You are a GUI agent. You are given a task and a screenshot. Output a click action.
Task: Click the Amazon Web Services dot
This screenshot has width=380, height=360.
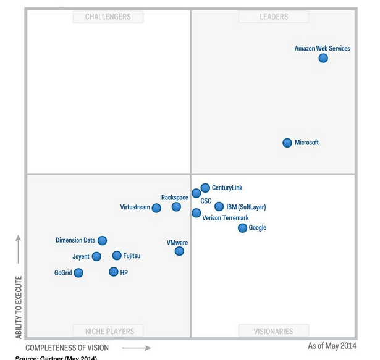tap(323, 58)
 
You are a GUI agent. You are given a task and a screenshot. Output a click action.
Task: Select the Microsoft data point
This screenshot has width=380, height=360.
tap(287, 143)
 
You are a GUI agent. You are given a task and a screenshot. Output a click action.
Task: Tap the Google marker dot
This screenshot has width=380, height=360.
tap(243, 228)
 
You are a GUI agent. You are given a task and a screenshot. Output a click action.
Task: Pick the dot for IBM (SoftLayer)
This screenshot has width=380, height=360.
tap(219, 207)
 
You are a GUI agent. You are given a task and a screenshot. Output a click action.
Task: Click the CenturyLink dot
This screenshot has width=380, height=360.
tap(205, 188)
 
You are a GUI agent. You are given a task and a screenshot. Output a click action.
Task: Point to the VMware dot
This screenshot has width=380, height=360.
tap(179, 251)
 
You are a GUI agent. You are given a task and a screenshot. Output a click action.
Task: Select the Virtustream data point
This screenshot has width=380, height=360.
tap(156, 208)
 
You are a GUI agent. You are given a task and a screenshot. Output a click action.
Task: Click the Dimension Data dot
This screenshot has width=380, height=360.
tap(103, 240)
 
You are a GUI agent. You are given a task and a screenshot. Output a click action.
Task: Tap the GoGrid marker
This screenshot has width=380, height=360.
tap(78, 272)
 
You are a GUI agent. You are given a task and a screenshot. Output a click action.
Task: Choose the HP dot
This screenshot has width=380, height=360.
tap(113, 272)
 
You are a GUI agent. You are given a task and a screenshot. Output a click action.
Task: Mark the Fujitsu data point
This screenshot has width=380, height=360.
tap(117, 256)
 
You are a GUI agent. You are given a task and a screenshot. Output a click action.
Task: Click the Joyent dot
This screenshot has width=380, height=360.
tap(96, 256)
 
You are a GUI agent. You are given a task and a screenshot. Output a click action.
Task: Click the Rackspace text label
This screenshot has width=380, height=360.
tap(175, 198)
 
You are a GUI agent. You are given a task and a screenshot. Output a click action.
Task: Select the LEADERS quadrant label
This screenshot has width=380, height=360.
tap(274, 17)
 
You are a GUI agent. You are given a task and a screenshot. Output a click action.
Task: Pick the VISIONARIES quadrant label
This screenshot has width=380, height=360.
tap(274, 331)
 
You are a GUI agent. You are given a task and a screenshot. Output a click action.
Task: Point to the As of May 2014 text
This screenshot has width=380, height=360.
tap(332, 346)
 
